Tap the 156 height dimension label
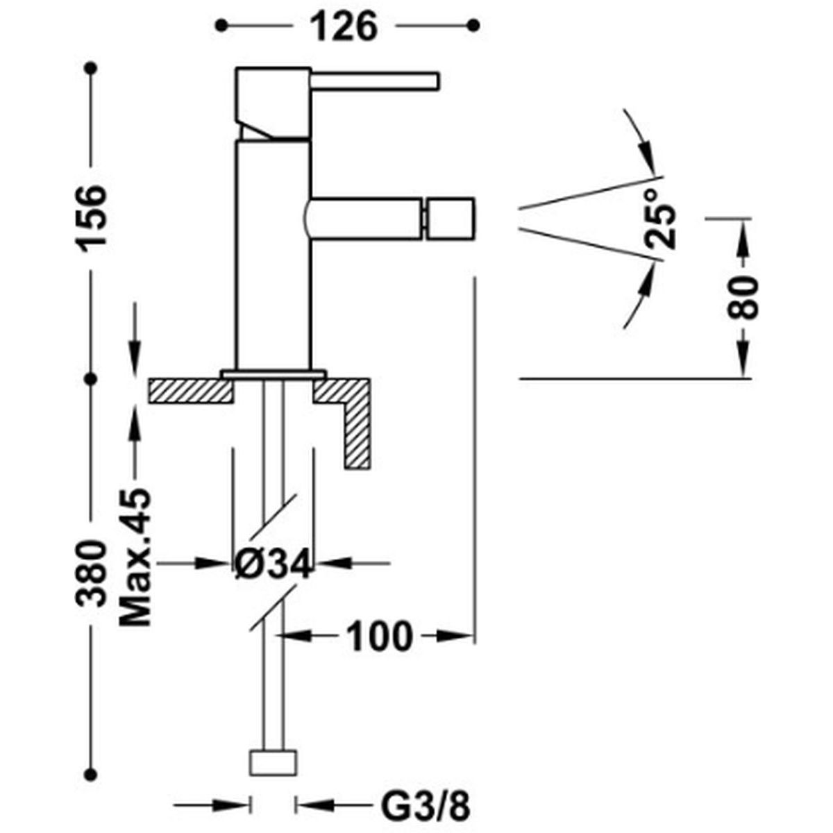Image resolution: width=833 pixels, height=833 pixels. click(91, 216)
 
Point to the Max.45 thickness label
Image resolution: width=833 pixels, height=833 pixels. click(135, 557)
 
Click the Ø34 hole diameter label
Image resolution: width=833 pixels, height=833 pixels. click(274, 564)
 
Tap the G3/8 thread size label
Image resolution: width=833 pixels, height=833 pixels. click(425, 782)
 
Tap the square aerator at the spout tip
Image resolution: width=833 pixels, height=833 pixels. click(451, 219)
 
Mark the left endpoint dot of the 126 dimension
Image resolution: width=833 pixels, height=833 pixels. click(221, 25)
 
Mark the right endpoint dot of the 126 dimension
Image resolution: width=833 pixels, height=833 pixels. click(474, 25)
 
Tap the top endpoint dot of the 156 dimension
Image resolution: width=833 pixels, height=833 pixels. click(91, 68)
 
